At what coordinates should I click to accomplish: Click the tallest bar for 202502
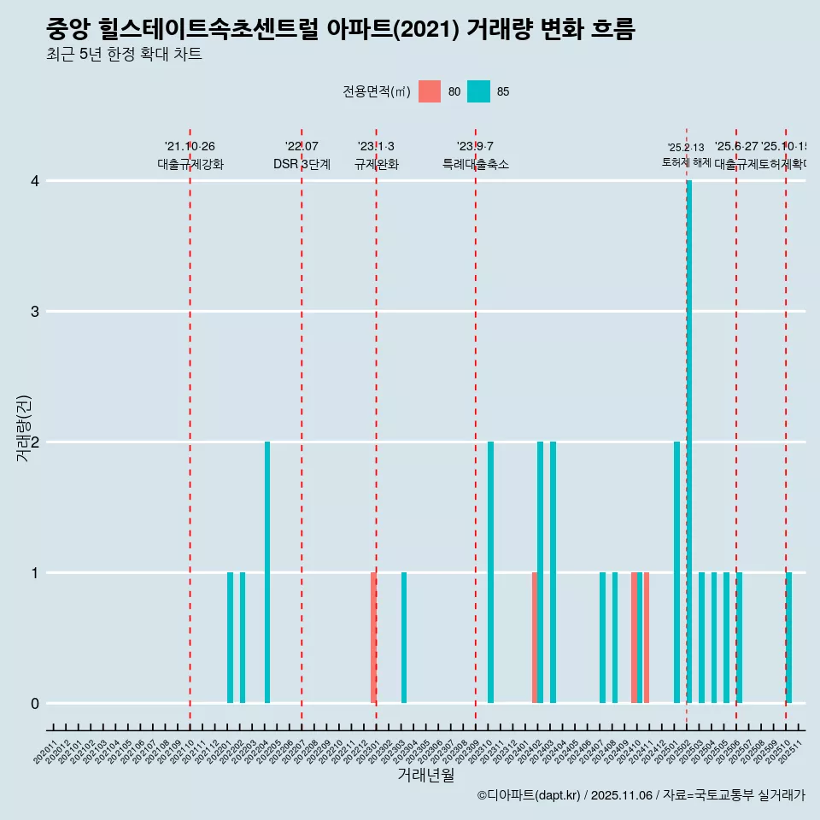point(689,442)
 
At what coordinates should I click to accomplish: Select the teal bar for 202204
point(267,572)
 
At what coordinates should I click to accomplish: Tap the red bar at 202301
point(373,637)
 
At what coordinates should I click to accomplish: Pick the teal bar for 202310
point(490,572)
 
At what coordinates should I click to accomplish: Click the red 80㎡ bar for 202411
point(647,637)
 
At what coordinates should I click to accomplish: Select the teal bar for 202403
point(553,572)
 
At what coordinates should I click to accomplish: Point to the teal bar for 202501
point(676,572)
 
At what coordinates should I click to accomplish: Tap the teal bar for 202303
point(404,637)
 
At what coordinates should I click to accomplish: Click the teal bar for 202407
point(602,637)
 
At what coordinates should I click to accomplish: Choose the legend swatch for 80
point(430,91)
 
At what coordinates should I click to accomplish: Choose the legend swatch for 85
point(479,91)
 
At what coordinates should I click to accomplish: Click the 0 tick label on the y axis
point(35,703)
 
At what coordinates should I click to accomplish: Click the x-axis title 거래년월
point(425,775)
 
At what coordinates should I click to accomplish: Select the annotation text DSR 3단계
point(302,164)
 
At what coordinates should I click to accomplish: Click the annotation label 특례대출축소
point(475,164)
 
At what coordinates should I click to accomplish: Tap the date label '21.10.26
point(190,146)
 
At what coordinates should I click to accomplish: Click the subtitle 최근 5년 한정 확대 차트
point(125,55)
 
